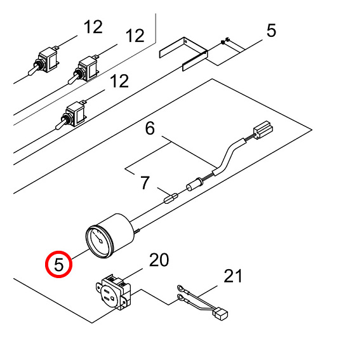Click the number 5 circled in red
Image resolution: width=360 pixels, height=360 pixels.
point(59,264)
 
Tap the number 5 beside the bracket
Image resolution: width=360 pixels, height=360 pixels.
point(271,30)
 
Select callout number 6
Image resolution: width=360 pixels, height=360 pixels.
point(150,128)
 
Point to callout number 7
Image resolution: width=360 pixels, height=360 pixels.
point(145,183)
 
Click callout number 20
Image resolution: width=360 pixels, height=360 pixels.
point(159,260)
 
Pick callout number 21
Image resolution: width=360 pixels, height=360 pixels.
point(233,276)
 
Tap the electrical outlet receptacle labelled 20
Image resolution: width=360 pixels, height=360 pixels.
point(113,292)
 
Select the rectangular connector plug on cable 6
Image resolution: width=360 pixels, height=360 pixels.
point(263,130)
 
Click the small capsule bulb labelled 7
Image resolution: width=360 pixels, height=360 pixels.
point(171,198)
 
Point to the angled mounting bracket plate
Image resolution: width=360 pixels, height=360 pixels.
point(183,54)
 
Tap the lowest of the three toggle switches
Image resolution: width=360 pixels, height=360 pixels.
point(70,115)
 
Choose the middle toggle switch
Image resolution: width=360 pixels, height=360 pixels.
point(83,69)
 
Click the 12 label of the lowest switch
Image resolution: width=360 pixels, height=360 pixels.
point(119,81)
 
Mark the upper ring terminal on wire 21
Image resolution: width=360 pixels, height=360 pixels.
point(180,288)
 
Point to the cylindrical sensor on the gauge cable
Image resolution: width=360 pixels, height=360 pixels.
point(195,185)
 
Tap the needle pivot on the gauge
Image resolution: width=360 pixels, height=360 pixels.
point(101,241)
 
